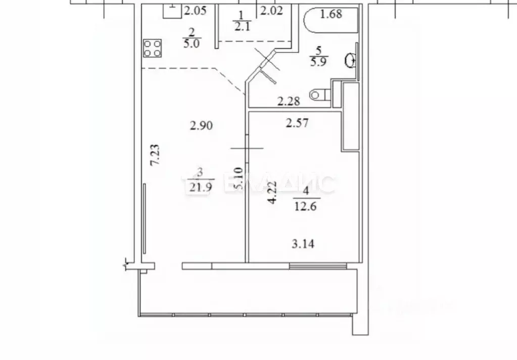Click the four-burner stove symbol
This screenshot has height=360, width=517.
[153, 48]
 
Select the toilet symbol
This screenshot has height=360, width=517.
[320, 94]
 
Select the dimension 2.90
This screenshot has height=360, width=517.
[201, 125]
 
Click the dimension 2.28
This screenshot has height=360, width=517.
[289, 102]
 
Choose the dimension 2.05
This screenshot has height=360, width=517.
[195, 10]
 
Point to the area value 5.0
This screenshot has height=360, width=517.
[192, 43]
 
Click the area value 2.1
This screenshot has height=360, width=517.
[241, 26]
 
